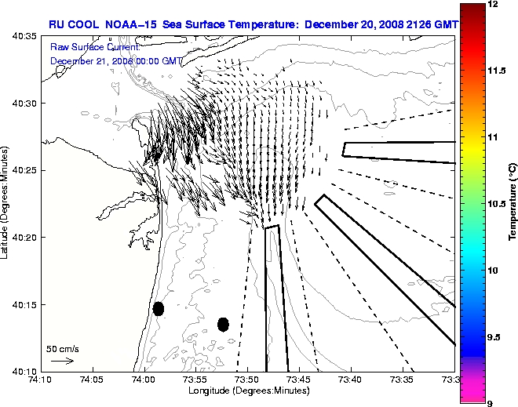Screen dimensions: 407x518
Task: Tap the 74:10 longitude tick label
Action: pos(40,380)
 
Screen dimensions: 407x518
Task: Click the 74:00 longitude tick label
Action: pos(144,380)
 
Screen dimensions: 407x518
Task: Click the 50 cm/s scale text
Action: pos(63,348)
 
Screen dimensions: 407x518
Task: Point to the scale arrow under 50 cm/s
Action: pos(62,361)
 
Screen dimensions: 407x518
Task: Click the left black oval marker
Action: pos(159,308)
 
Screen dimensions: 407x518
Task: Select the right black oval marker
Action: pos(223,324)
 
